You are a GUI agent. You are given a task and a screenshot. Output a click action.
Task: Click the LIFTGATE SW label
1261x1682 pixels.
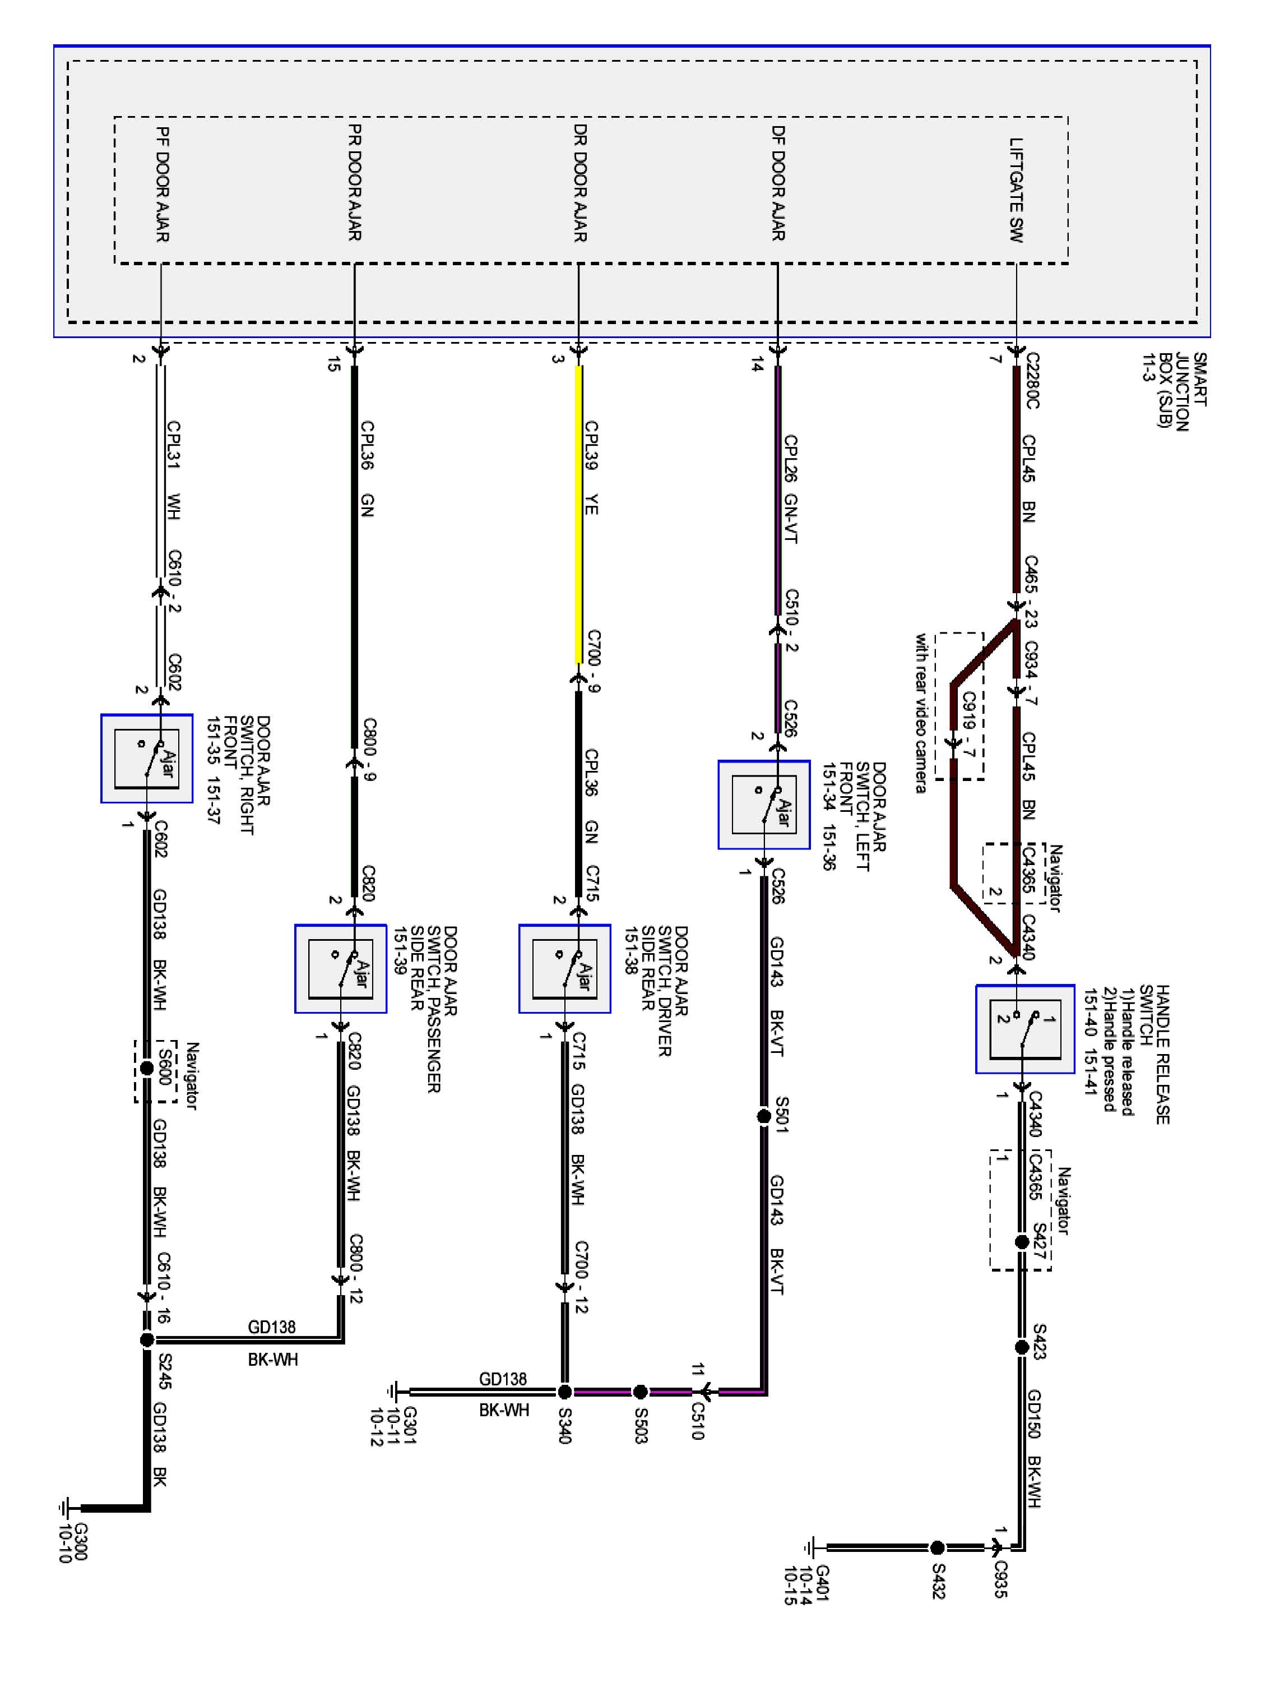point(1016,190)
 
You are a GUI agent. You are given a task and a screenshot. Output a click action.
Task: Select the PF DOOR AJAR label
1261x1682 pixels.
point(162,185)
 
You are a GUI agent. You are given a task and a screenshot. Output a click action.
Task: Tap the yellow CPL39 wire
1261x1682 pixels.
point(579,517)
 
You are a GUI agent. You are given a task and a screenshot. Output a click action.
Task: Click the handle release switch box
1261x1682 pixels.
point(1024,1029)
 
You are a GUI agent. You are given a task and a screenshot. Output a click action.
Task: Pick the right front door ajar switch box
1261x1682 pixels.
point(147,758)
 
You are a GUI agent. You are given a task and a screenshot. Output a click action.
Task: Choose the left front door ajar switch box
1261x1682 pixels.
point(764,805)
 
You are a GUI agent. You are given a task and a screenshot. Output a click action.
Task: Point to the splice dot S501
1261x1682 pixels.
point(764,1116)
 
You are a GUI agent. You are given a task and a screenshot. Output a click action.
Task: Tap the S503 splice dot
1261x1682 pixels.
point(640,1392)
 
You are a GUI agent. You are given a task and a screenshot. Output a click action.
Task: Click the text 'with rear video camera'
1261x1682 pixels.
point(921,713)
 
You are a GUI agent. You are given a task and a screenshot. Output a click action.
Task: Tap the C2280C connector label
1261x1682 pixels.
point(1031,380)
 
